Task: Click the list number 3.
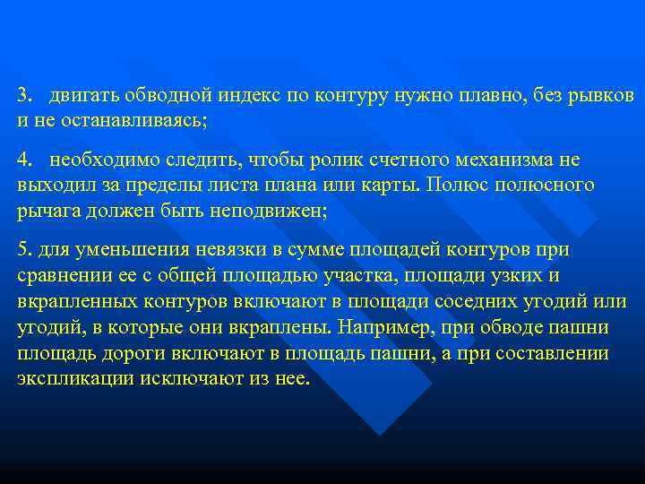tap(24, 94)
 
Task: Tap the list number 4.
tap(24, 160)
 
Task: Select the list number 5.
tap(23, 248)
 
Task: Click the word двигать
tap(86, 95)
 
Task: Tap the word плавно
tap(484, 95)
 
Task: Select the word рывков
tap(601, 95)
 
